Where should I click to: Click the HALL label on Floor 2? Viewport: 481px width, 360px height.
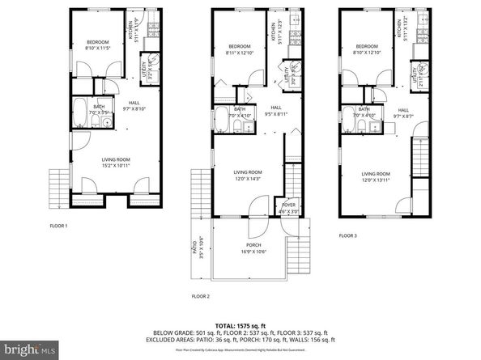275,108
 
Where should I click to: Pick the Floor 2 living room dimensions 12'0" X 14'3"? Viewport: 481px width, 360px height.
248,179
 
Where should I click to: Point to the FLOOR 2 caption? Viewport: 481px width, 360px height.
201,298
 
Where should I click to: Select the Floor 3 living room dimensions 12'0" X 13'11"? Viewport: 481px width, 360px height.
376,180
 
